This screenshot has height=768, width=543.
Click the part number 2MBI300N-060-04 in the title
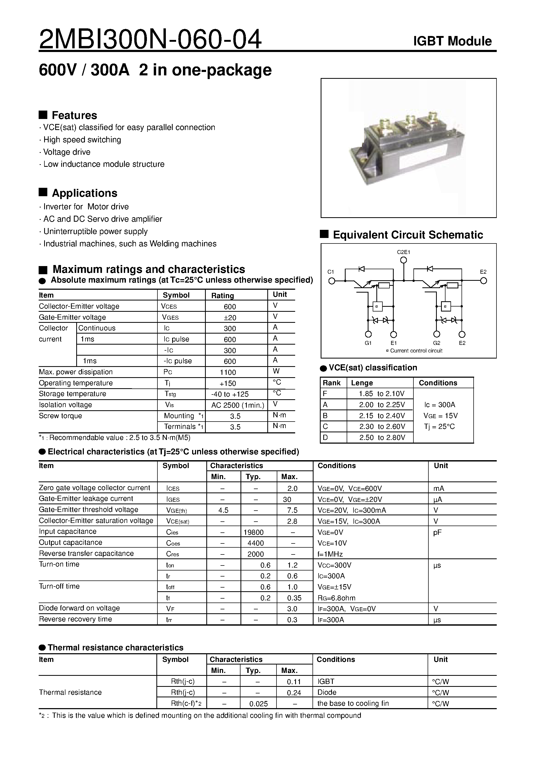[150, 39]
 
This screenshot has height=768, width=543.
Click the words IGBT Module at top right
[452, 41]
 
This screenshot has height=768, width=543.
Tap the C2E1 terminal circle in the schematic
[404, 260]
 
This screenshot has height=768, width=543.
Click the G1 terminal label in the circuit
[368, 343]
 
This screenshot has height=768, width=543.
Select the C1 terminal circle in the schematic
[331, 281]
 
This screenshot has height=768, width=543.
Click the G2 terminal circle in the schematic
[437, 334]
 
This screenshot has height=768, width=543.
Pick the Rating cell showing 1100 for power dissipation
[228, 372]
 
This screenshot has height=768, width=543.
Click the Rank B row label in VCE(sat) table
[325, 416]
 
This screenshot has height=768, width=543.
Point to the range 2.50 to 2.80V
[382, 438]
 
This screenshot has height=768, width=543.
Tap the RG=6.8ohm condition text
[336, 598]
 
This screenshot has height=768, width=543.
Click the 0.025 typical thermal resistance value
[258, 704]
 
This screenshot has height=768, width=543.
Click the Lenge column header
[362, 383]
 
